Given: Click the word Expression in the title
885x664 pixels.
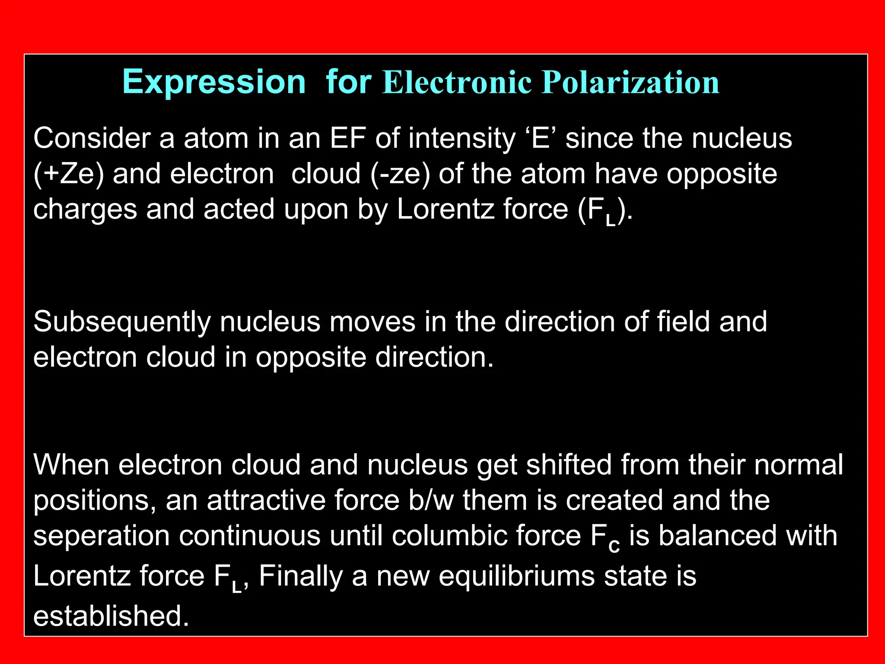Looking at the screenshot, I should pyautogui.click(x=214, y=82).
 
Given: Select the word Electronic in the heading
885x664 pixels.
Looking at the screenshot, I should pyautogui.click(x=457, y=82).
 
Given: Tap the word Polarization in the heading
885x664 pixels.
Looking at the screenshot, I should pyautogui.click(x=630, y=82).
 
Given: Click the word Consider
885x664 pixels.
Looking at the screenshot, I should pyautogui.click(x=92, y=138).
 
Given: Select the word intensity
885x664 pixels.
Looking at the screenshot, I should pyautogui.click(x=462, y=139).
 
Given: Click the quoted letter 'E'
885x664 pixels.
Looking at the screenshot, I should pyautogui.click(x=541, y=138).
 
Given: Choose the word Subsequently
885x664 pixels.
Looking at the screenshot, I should pyautogui.click(x=122, y=322).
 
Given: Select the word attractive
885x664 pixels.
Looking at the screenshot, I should pyautogui.click(x=266, y=500).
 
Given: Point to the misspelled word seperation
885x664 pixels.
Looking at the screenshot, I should pyautogui.click(x=102, y=536).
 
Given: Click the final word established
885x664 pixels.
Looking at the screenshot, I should pyautogui.click(x=111, y=616).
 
